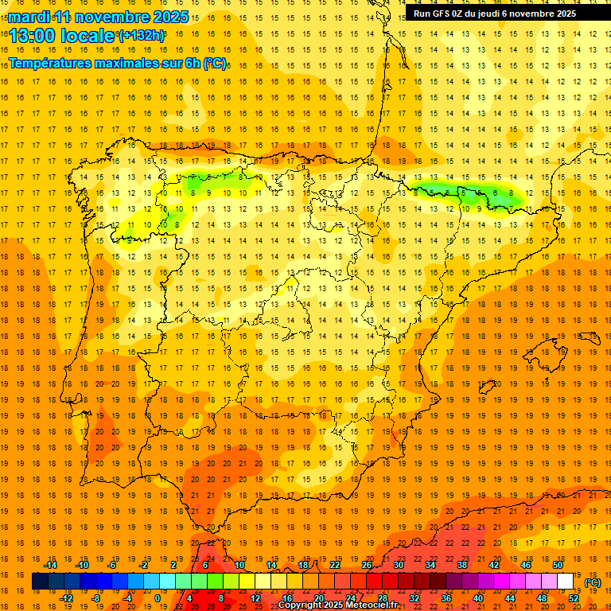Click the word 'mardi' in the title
coord(29,17)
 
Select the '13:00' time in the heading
coord(33,35)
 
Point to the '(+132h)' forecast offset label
coord(141,35)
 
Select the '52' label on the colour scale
coord(574,598)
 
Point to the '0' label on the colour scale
coord(158,598)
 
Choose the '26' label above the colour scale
coord(367,565)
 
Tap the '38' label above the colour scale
coord(462,565)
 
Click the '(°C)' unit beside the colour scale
coord(592,582)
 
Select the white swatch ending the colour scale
coord(565,582)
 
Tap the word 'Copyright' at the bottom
coord(302,605)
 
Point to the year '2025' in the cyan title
coord(169,17)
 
